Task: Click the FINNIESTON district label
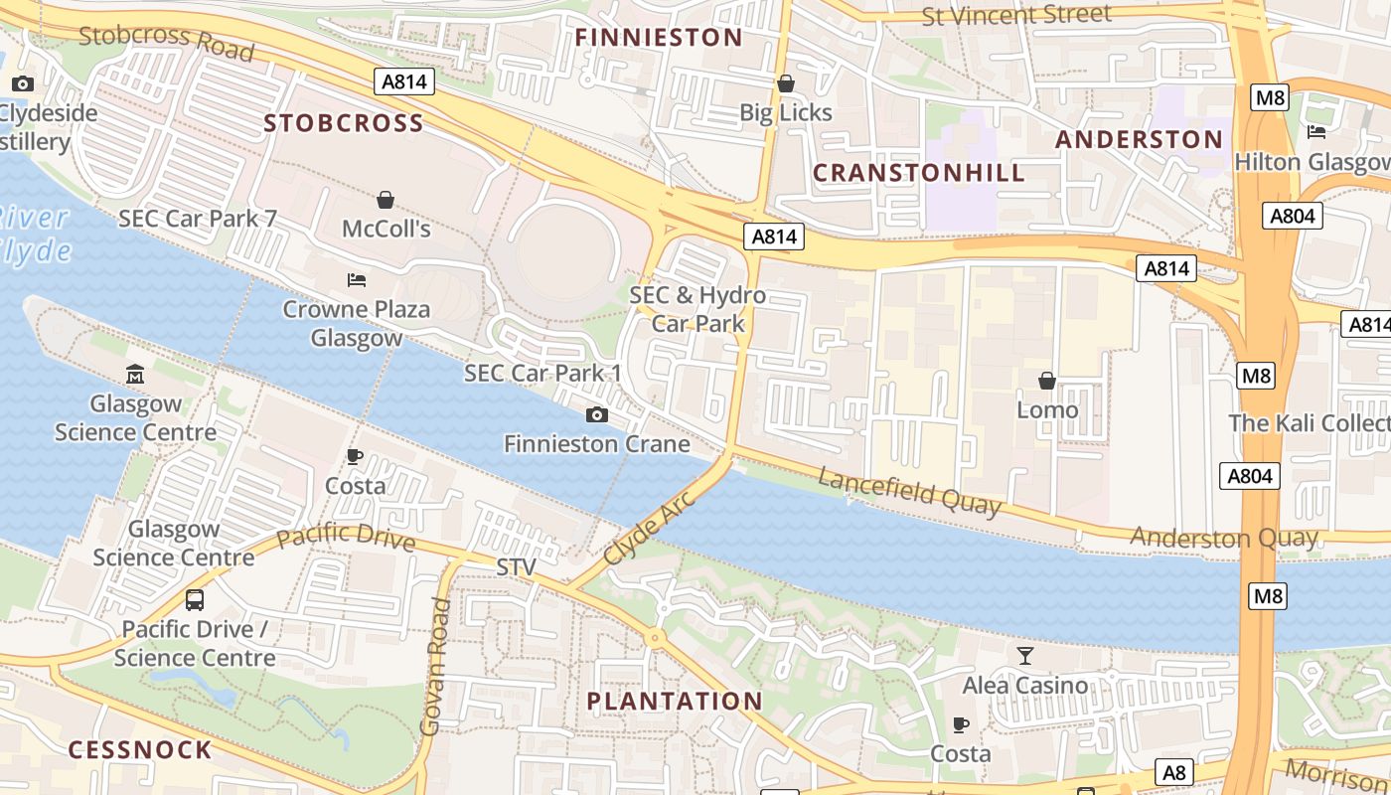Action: point(659,38)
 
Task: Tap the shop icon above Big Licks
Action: point(786,83)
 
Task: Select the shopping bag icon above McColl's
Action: point(386,200)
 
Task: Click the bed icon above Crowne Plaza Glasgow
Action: point(357,280)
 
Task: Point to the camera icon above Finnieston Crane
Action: point(596,414)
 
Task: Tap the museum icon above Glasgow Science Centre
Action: point(135,375)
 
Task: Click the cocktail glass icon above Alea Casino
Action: point(1024,655)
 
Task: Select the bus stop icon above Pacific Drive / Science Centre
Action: point(195,600)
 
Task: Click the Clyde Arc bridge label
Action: point(647,528)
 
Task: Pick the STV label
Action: point(516,567)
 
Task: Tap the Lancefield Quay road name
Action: point(909,492)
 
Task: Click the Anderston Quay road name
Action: point(1224,538)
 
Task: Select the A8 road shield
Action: point(1174,772)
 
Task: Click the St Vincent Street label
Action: point(1016,16)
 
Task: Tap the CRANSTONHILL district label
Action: point(919,173)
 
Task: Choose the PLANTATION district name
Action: point(675,701)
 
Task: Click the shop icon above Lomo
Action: point(1047,381)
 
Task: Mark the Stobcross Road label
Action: point(166,42)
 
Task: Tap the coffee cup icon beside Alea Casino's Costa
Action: point(960,724)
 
